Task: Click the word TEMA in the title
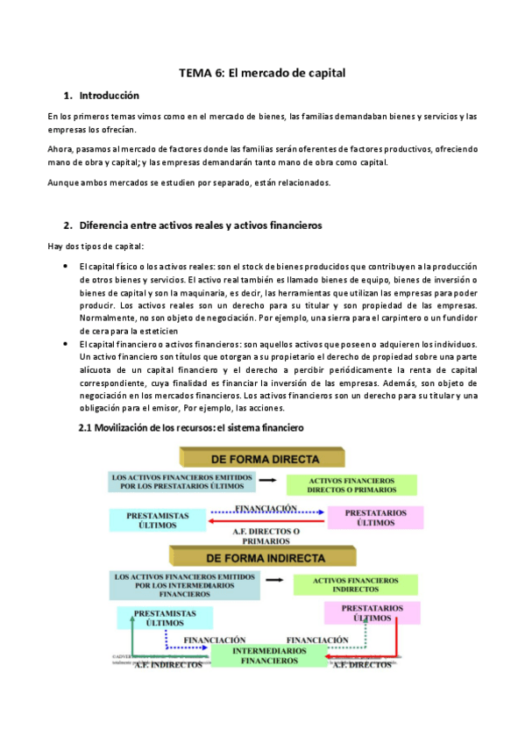pos(195,75)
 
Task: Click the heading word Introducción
pos(109,95)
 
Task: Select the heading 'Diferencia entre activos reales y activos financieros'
pos(201,225)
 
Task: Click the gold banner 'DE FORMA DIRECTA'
pos(262,456)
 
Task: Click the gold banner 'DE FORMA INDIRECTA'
pos(262,557)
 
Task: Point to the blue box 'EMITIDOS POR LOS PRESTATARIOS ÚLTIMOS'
pos(182,482)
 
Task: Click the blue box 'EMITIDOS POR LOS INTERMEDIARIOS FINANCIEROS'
pos(186,584)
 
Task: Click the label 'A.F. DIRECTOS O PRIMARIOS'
pos(266,536)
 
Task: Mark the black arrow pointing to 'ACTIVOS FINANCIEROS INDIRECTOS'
pos(275,580)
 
